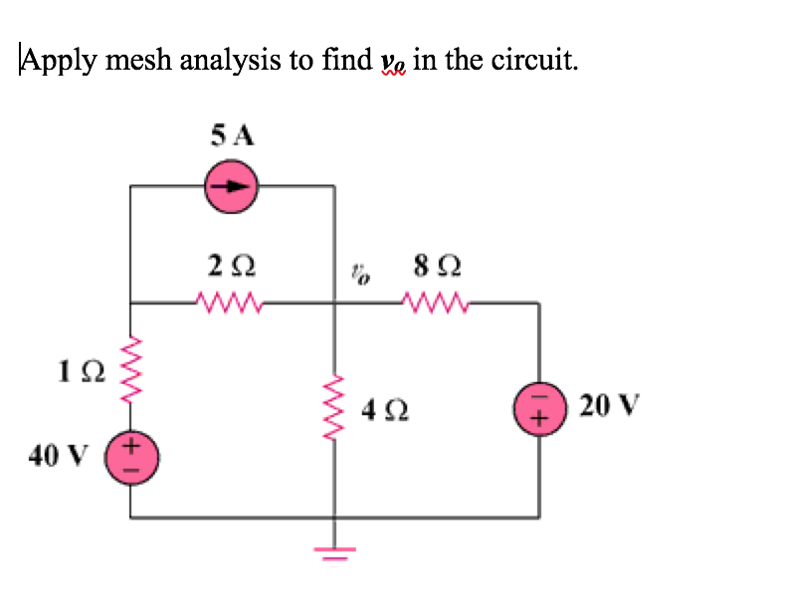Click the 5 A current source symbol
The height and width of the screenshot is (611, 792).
pyautogui.click(x=231, y=185)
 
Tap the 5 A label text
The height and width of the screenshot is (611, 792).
pyautogui.click(x=232, y=135)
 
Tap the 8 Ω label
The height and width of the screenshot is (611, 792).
pyautogui.click(x=435, y=267)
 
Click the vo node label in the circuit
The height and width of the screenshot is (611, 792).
pyautogui.click(x=359, y=272)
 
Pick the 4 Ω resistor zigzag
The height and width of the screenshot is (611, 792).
pyautogui.click(x=333, y=408)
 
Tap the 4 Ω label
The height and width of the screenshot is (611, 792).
pyautogui.click(x=382, y=409)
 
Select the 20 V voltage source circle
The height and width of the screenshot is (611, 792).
pyautogui.click(x=540, y=408)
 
